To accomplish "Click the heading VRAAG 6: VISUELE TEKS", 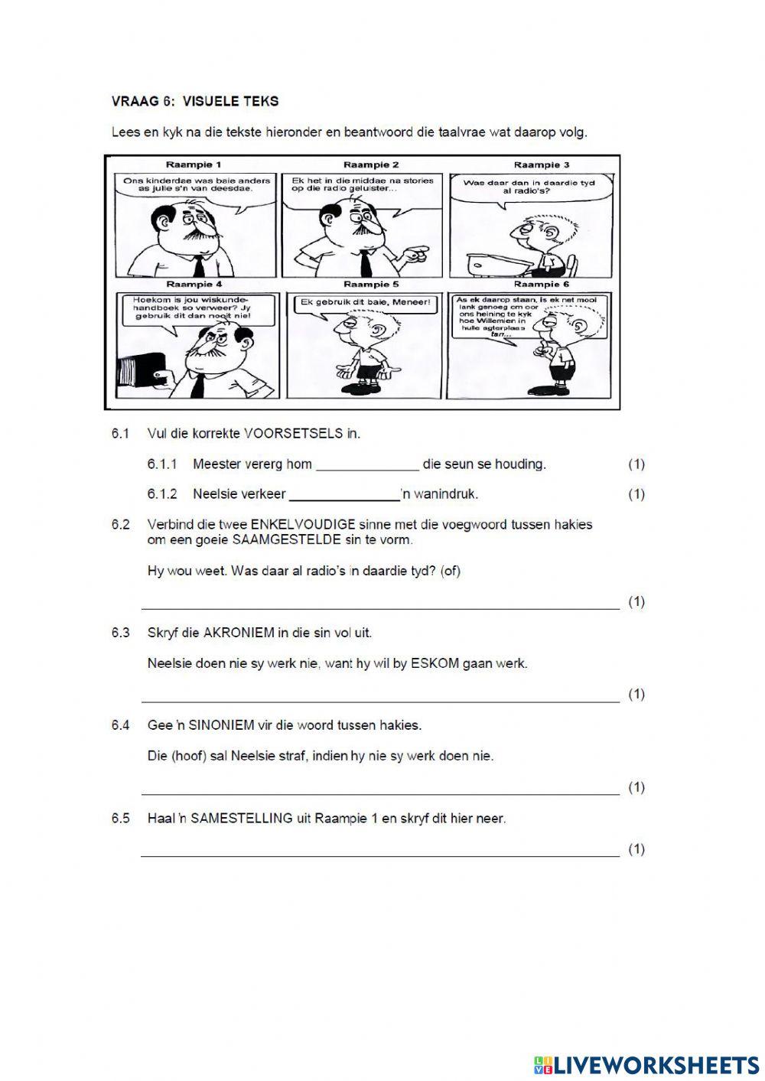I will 194,101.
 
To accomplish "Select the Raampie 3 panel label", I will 542,164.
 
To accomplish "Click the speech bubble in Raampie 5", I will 363,303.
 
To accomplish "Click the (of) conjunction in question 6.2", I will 451,571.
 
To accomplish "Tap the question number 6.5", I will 120,819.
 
